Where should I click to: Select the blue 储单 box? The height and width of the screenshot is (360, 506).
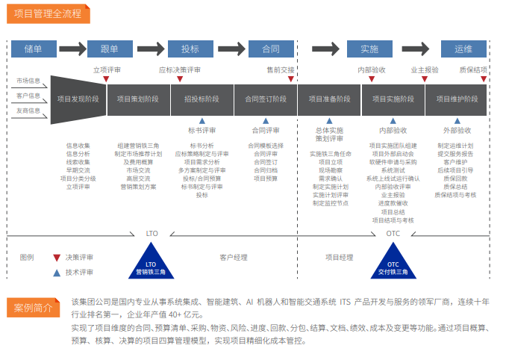pyautogui.click(x=33, y=49)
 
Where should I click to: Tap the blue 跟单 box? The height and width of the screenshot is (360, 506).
pyautogui.click(x=110, y=49)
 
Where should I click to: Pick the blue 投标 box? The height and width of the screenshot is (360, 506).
pyautogui.click(x=190, y=49)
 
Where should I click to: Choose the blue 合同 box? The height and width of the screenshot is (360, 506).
pyautogui.click(x=270, y=49)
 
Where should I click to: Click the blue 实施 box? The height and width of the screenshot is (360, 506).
pyautogui.click(x=369, y=49)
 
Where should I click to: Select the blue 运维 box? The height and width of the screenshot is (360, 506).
pyautogui.click(x=463, y=49)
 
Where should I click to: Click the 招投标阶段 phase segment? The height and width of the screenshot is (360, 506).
pyautogui.click(x=202, y=99)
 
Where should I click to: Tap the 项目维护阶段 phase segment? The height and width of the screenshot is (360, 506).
pyautogui.click(x=456, y=99)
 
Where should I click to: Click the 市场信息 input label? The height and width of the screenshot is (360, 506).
pyautogui.click(x=28, y=80)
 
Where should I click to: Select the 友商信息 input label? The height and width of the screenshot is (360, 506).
pyautogui.click(x=28, y=111)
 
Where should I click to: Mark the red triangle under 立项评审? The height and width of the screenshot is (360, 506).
pyautogui.click(x=107, y=79)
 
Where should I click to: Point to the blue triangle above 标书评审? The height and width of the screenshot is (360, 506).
pyautogui.click(x=202, y=120)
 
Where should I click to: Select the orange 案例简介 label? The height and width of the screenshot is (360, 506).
pyautogui.click(x=34, y=308)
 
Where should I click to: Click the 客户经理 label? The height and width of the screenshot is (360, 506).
pyautogui.click(x=234, y=258)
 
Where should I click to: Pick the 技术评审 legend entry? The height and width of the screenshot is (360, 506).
pyautogui.click(x=79, y=273)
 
